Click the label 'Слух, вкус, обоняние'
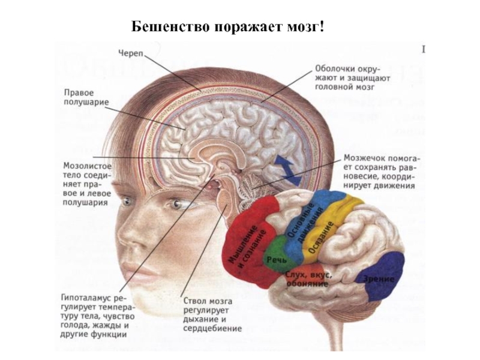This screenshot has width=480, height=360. tap(310, 279)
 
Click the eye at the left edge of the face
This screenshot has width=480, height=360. tap(125, 202)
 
